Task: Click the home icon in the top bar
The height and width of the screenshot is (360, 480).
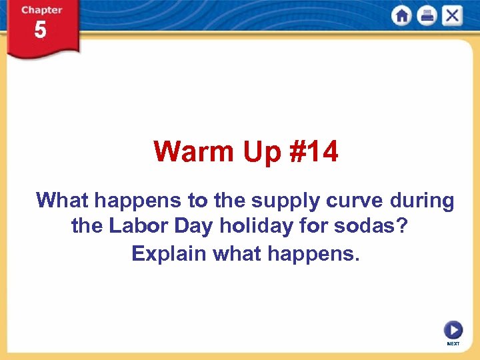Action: (401, 15)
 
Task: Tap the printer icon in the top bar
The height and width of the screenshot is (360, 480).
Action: (427, 15)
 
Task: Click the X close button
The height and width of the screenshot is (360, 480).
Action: (452, 15)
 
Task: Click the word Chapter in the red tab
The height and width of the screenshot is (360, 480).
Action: (41, 10)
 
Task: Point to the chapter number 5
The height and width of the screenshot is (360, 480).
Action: (41, 30)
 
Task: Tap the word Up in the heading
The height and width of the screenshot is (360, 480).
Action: (256, 152)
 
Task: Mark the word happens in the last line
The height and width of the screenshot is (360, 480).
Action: (313, 254)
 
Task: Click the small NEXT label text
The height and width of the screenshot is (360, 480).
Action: (453, 343)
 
